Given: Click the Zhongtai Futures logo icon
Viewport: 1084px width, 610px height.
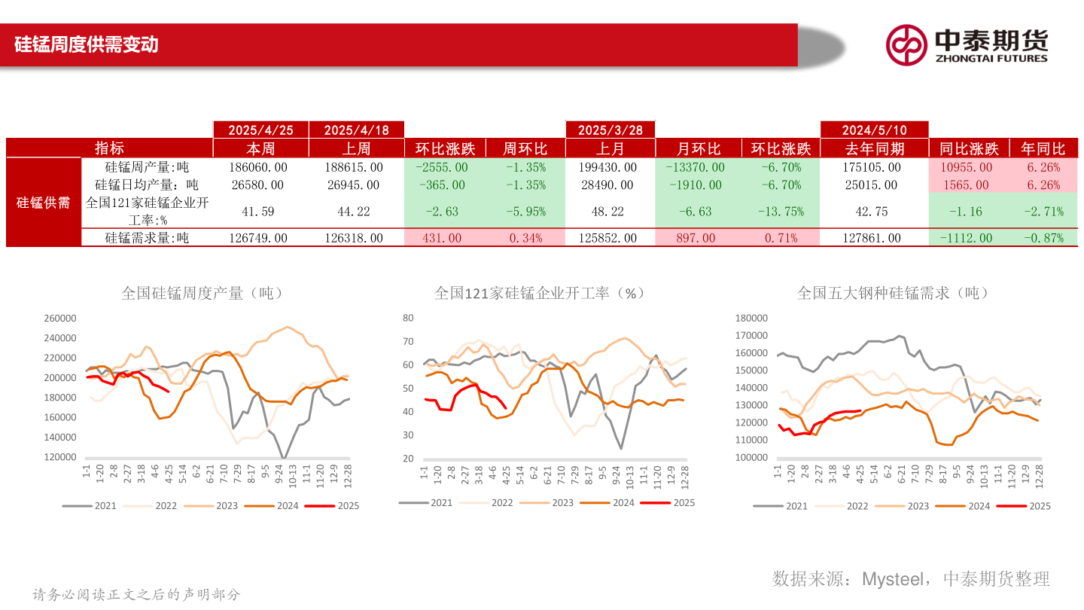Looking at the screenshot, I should tap(906, 44).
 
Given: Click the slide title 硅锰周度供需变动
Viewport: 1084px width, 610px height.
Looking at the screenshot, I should tap(86, 44).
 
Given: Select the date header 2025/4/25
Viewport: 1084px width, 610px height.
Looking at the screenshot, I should tap(260, 130).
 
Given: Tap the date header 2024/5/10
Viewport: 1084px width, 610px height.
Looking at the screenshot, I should tap(873, 130).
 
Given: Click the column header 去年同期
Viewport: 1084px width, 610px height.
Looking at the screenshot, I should tap(873, 148).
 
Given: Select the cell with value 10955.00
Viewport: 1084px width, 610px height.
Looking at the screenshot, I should tap(965, 167).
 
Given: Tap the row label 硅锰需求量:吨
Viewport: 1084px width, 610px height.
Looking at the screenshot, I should tap(147, 238).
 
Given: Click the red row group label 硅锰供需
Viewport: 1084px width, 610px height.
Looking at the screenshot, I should tap(43, 203).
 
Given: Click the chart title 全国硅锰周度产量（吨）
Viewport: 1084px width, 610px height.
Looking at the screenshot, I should tap(202, 293).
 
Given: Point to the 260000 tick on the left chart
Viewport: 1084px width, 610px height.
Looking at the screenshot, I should tap(60, 319).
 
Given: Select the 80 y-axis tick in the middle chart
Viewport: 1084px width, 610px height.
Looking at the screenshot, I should tap(408, 319).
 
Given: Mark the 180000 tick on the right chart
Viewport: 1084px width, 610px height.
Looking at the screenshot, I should tap(751, 319).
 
